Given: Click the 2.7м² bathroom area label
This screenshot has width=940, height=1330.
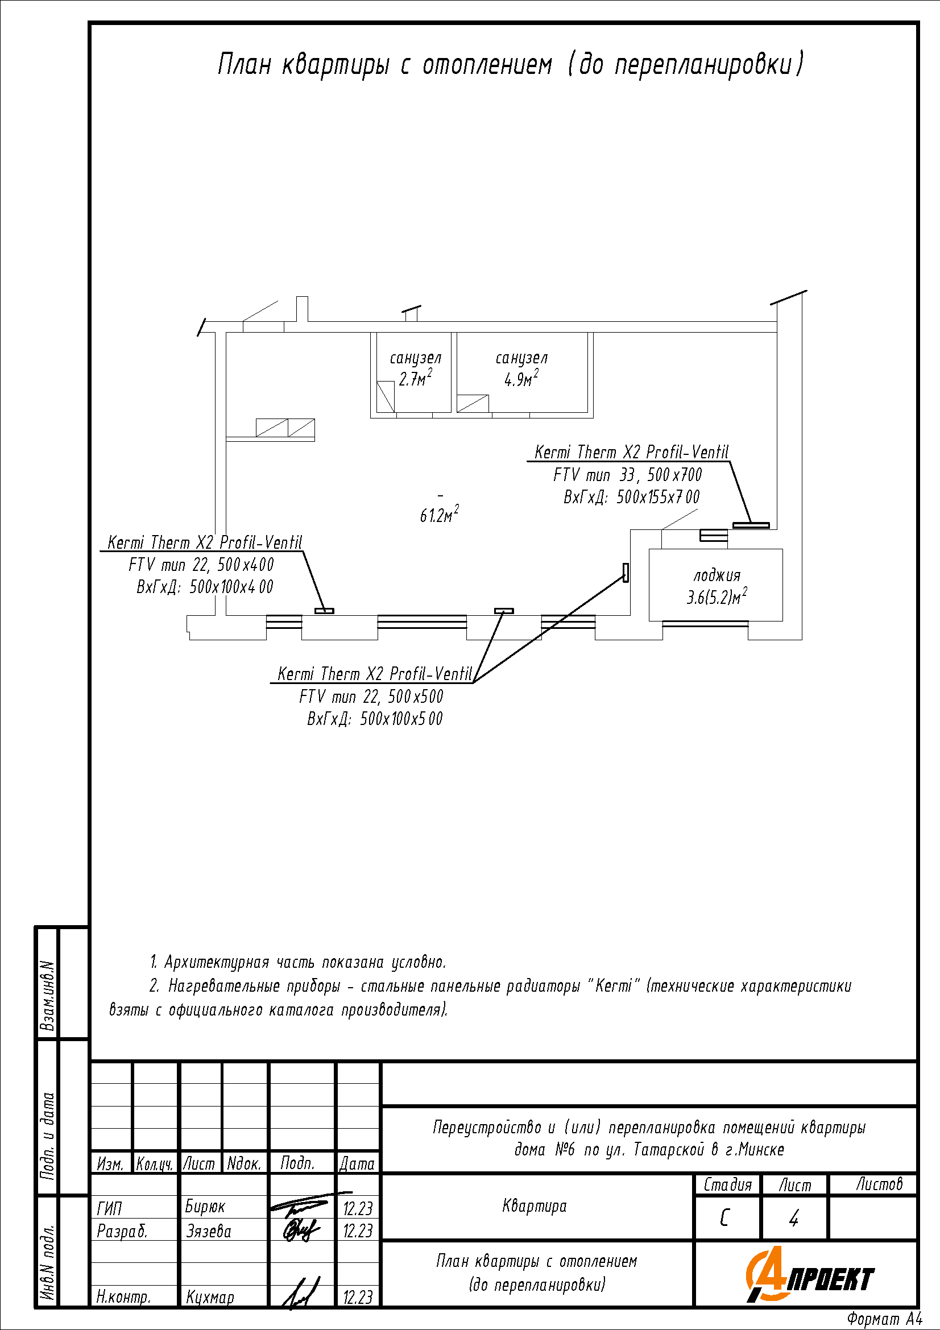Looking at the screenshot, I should pos(415,379).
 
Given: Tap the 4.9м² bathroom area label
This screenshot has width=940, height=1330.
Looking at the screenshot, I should pos(521,379).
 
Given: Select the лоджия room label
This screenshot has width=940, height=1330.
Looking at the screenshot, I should pos(717,575).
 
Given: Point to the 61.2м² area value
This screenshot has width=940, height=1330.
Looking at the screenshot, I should pos(439,515).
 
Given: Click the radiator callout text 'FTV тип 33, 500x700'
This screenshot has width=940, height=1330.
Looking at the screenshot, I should pos(627,475).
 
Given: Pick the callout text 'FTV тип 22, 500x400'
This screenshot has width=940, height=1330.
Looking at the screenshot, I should pos(201,565).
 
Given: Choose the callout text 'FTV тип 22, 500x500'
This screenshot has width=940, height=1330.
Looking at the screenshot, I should pos(371,697).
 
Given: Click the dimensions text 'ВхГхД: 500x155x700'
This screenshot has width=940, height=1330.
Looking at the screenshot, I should pos(631,497).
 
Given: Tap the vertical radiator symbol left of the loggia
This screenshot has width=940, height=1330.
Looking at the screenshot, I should pos(626,573).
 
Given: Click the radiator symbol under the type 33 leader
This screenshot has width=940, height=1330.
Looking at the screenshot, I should pos(751,525).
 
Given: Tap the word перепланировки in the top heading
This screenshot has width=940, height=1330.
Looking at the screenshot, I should pos(703,64).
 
